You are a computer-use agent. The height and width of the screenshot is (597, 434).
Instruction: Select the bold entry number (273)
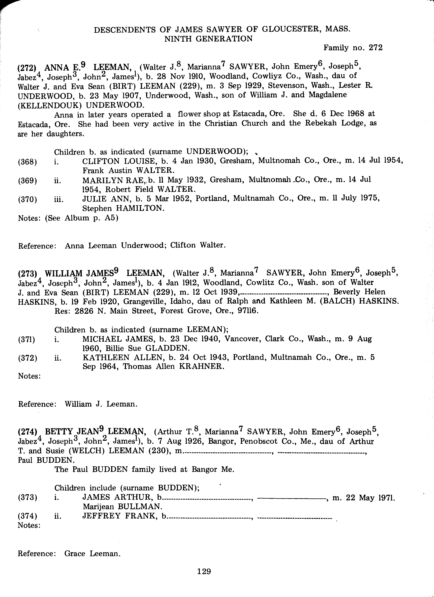(27, 274)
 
